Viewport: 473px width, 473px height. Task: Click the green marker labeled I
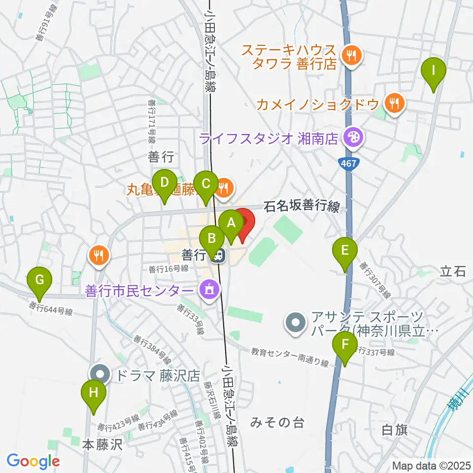[x=434, y=70]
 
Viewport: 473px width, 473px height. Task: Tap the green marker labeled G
[x=40, y=281]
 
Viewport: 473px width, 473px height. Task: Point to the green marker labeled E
[x=345, y=250]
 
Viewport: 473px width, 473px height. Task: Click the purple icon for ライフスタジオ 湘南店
[x=352, y=137]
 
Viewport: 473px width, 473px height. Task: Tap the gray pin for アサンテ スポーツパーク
[x=296, y=324]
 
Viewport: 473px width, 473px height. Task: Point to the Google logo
[x=33, y=461]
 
